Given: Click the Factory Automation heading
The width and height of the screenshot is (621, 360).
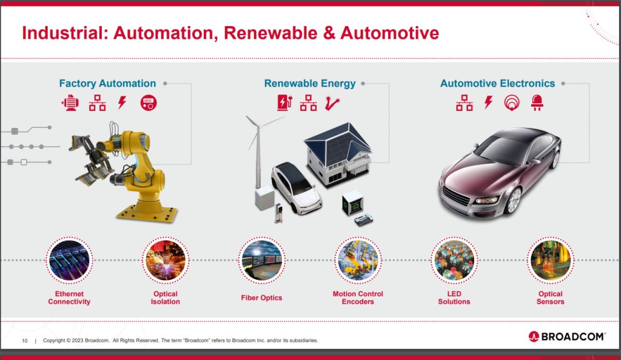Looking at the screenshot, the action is (107, 84).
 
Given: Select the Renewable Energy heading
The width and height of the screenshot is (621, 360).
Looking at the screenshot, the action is (310, 84).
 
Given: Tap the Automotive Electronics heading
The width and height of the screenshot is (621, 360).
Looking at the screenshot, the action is (497, 84).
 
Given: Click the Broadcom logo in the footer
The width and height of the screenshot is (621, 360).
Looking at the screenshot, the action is (567, 336).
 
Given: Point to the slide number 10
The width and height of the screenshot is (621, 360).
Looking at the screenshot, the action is (24, 341).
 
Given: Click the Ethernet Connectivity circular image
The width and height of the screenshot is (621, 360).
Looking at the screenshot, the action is (69, 261).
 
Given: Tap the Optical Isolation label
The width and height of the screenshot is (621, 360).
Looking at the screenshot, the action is (166, 298).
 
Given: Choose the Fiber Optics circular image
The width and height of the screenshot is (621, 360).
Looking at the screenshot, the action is (262, 261).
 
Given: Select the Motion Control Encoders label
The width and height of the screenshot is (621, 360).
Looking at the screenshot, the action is (358, 298).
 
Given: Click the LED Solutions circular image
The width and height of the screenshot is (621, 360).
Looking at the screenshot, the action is (454, 261).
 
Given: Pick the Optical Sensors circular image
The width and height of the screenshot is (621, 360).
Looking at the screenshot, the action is (551, 261).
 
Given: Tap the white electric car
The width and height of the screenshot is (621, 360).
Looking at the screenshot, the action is (296, 188).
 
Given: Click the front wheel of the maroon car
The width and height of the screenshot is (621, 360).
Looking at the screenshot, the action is (514, 201).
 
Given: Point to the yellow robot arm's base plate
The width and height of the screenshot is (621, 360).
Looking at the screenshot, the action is (147, 213).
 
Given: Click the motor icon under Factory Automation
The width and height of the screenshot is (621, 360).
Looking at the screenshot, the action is (70, 103).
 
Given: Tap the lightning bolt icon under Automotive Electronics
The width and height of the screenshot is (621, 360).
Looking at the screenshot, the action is (489, 102).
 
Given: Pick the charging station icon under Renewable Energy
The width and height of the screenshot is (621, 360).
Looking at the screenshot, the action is (284, 102).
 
